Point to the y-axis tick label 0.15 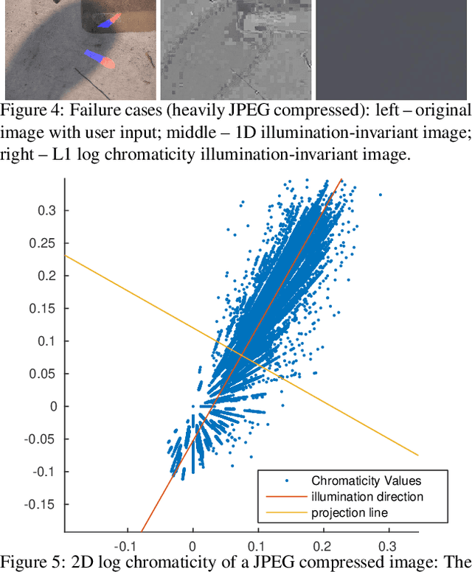tap(46, 308)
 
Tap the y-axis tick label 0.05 tap(46, 374)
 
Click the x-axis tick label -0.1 tap(127, 548)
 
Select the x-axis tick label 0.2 tap(322, 548)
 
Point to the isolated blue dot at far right tap(381, 195)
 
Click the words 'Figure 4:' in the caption tap(27, 111)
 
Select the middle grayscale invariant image tap(236, 50)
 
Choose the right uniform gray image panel tap(393, 50)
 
